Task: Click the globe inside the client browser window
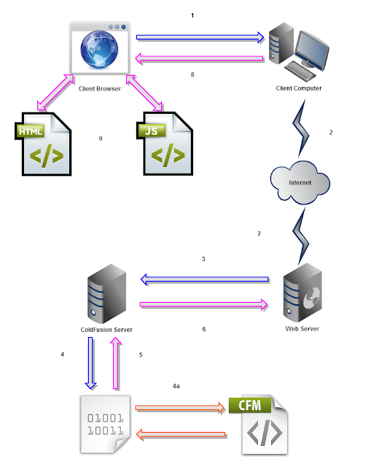pyautogui.click(x=99, y=49)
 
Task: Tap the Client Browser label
pyautogui.click(x=100, y=89)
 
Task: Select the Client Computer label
pyautogui.click(x=299, y=88)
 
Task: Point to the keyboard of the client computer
pyautogui.click(x=300, y=71)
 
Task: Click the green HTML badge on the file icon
pyautogui.click(x=30, y=131)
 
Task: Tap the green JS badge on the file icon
pyautogui.click(x=152, y=131)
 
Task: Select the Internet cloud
pyautogui.click(x=300, y=182)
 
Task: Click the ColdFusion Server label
pyautogui.click(x=106, y=330)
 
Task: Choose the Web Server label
pyautogui.click(x=302, y=329)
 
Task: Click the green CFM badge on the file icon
pyautogui.click(x=250, y=406)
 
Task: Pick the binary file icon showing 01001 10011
pyautogui.click(x=105, y=425)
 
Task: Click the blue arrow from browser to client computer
pyautogui.click(x=200, y=37)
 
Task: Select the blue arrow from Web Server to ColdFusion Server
pyautogui.click(x=204, y=279)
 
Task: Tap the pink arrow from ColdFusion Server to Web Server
pyautogui.click(x=204, y=305)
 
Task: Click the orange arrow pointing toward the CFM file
pyautogui.click(x=180, y=408)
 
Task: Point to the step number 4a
pyautogui.click(x=176, y=386)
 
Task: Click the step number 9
pyautogui.click(x=101, y=139)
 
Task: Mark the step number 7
pyautogui.click(x=259, y=233)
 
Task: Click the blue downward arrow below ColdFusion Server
pyautogui.click(x=90, y=363)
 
